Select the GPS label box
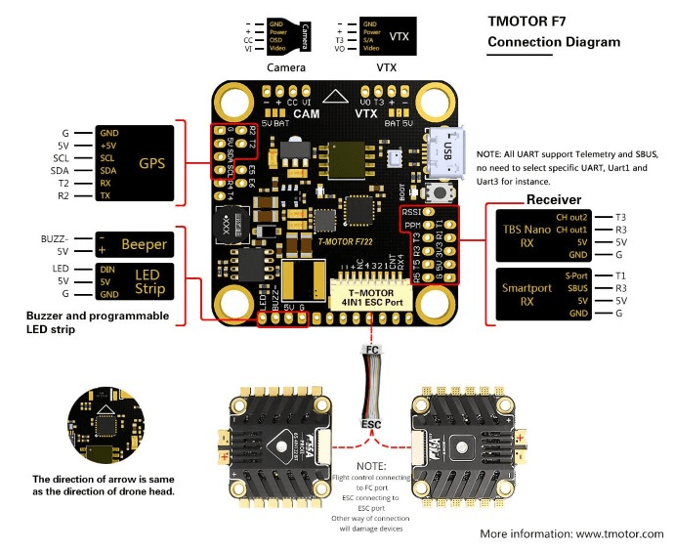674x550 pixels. [x=151, y=163]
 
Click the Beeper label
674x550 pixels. [x=144, y=243]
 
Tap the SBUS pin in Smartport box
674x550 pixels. [x=577, y=289]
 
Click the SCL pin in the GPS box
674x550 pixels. [x=108, y=157]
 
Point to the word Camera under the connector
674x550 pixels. [x=286, y=68]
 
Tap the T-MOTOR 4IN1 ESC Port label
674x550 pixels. [x=371, y=296]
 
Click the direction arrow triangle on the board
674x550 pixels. [x=336, y=99]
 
